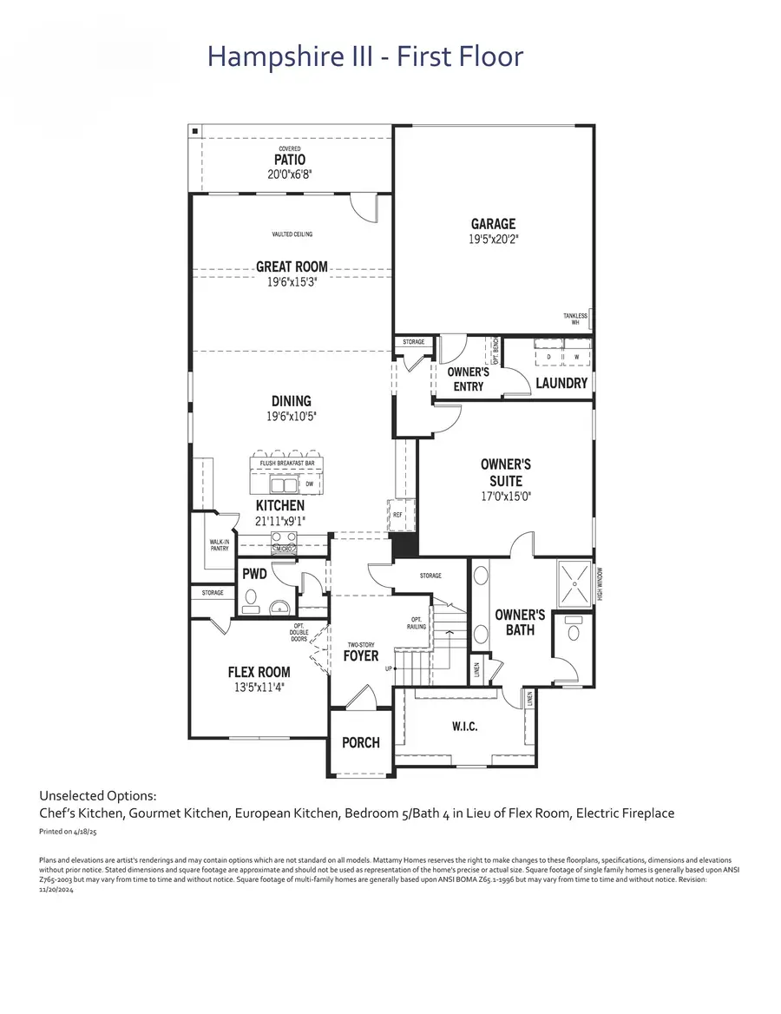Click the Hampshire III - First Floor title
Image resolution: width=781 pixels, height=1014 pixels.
(x=365, y=57)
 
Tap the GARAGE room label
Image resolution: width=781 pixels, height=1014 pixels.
(x=493, y=224)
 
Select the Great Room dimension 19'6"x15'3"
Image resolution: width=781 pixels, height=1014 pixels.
(x=292, y=281)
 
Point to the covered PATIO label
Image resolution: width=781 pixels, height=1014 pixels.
(x=290, y=161)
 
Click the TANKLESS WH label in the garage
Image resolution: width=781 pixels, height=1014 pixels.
(x=574, y=319)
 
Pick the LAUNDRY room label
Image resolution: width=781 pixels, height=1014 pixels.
(x=561, y=383)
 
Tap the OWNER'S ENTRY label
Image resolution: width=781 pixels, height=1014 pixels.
(x=469, y=379)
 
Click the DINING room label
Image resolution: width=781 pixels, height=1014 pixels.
(x=291, y=401)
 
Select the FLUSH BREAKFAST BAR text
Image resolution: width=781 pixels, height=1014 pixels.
(x=286, y=464)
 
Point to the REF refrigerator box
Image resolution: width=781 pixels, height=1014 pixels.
(x=398, y=515)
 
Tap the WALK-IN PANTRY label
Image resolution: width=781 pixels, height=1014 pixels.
(x=219, y=546)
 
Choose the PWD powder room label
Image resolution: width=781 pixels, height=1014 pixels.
(x=254, y=574)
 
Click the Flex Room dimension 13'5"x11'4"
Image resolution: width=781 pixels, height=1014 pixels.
(x=259, y=687)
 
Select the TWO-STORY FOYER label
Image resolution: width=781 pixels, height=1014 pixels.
(x=361, y=652)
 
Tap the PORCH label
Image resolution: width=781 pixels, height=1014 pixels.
(x=360, y=742)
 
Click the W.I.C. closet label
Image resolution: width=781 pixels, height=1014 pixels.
(x=464, y=726)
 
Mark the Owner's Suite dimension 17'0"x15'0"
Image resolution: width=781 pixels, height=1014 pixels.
(x=506, y=497)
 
